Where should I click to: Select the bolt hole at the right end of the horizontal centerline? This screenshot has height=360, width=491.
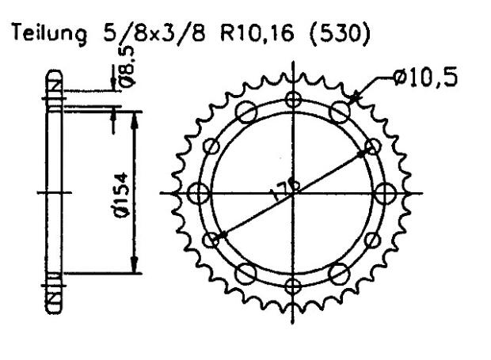click(x=386, y=192)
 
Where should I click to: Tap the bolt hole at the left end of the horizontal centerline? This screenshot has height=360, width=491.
click(x=200, y=192)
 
